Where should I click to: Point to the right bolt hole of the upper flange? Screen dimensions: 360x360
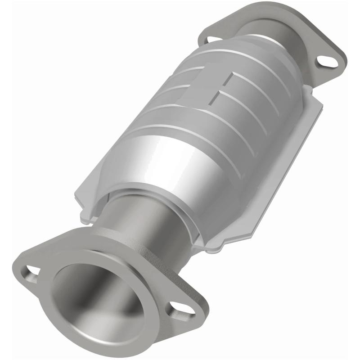click(x=327, y=61)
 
